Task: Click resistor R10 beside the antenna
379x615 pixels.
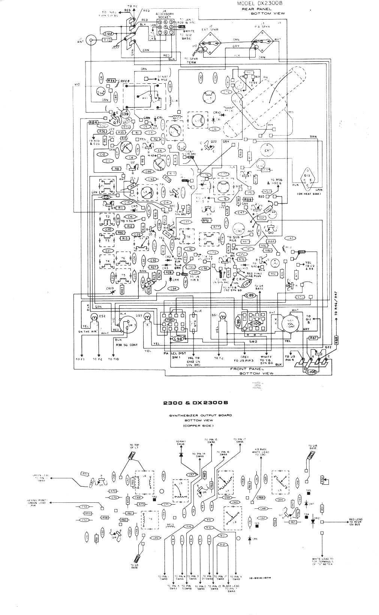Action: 106,39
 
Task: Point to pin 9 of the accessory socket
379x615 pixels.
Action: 160,22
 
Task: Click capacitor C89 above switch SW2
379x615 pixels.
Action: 251,295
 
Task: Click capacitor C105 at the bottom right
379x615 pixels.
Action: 312,372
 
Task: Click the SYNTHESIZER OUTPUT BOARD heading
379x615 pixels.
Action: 200,415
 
